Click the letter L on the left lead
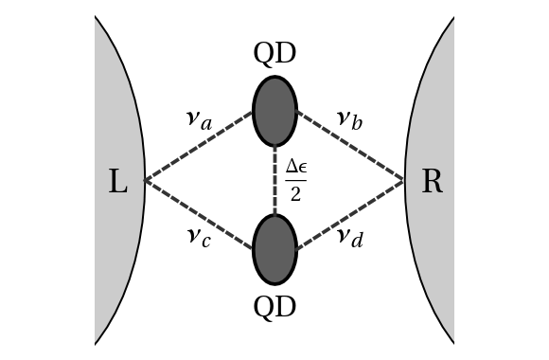point(117,181)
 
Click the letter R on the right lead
point(432,181)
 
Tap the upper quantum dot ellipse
point(274,111)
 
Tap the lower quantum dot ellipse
point(274,249)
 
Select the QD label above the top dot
point(274,54)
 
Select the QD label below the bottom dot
point(274,306)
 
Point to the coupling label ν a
point(198,119)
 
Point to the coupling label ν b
point(349,119)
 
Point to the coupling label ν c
point(198,237)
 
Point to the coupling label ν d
point(349,237)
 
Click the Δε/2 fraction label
point(295,180)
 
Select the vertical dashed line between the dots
point(274,180)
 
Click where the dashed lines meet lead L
point(145,180)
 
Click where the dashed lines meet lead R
point(404,180)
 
